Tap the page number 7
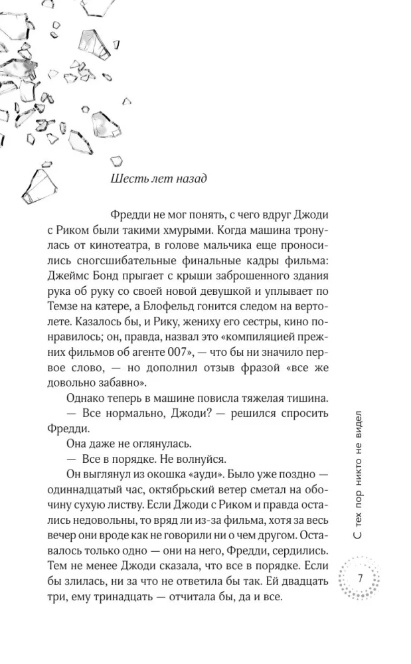[x=359, y=578]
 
